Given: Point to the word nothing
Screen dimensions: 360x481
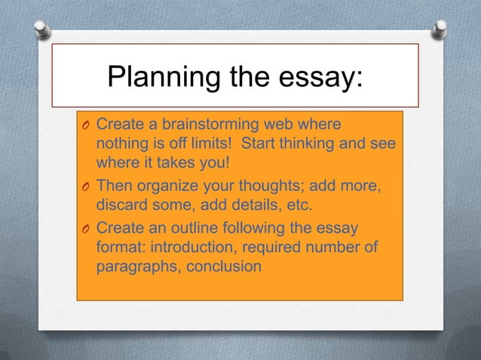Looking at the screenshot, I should (122, 144).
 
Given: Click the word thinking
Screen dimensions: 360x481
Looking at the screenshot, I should (299, 144).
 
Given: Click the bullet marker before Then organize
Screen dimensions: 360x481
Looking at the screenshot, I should (87, 185).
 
